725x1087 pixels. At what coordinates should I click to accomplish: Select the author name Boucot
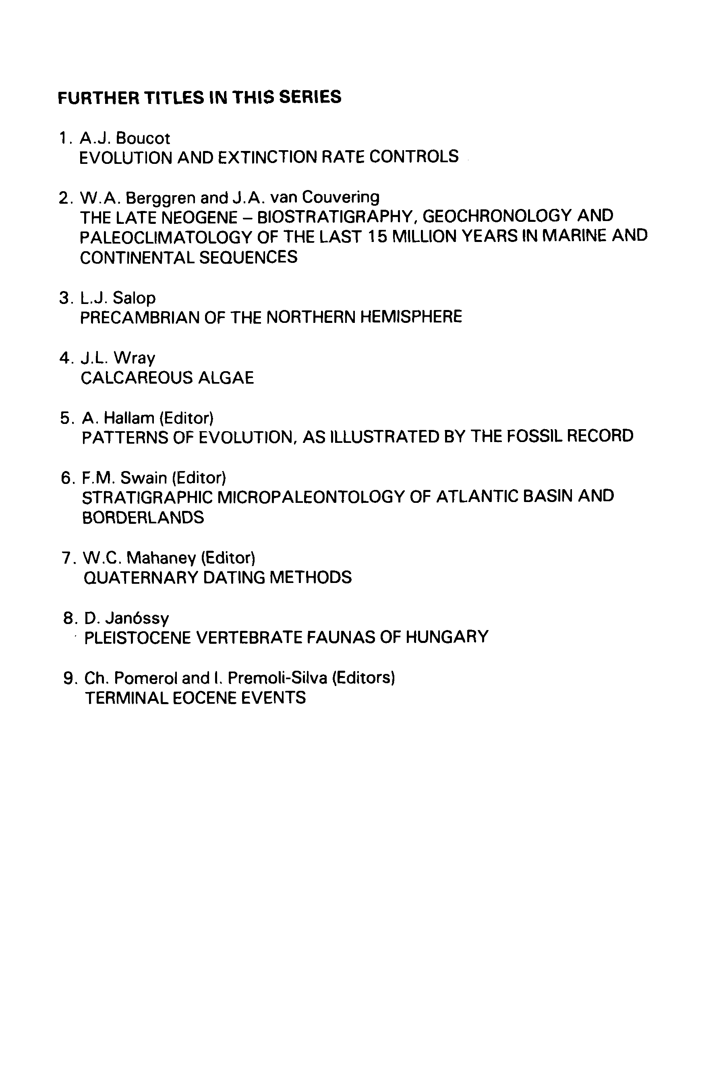point(143,138)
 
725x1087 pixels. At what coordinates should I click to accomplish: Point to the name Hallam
point(129,418)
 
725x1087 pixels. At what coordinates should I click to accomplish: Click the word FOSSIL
point(534,436)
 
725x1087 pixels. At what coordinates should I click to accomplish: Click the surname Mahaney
point(162,558)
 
